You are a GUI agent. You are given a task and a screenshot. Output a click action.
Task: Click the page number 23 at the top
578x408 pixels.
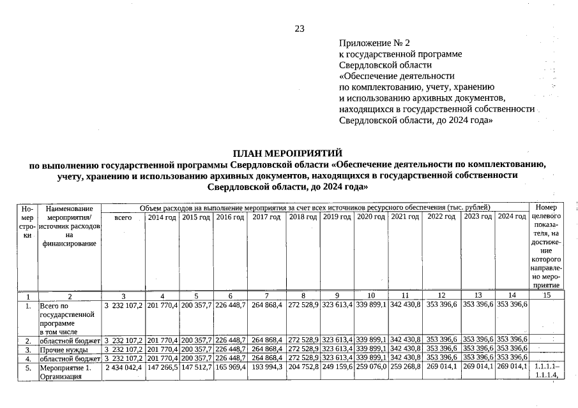(300, 28)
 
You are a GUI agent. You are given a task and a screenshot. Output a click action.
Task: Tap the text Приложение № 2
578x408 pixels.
(374, 43)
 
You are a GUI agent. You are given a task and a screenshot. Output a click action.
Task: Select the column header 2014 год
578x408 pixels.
(162, 218)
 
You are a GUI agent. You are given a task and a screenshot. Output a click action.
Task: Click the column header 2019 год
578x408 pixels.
(337, 218)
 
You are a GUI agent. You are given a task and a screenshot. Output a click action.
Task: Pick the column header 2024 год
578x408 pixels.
(512, 218)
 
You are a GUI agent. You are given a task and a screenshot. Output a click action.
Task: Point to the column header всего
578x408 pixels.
(123, 218)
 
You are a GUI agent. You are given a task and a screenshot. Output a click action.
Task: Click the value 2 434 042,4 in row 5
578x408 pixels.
(123, 368)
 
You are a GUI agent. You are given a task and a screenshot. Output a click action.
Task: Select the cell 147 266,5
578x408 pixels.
(162, 368)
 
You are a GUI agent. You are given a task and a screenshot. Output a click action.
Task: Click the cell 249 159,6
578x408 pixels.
(337, 368)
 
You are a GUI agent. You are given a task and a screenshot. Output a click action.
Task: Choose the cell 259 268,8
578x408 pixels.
(405, 368)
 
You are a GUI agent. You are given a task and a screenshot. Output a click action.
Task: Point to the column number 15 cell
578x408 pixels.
(545, 296)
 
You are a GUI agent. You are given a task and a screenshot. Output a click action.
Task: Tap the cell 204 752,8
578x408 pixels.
(303, 368)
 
